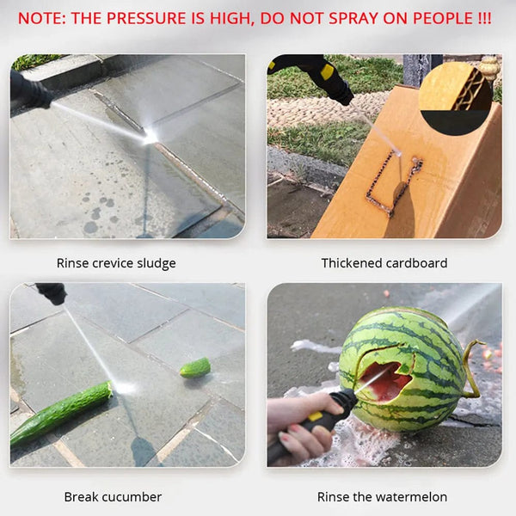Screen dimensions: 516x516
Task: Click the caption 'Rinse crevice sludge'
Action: pyautogui.click(x=116, y=263)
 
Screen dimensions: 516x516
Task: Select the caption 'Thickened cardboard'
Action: pyautogui.click(x=384, y=263)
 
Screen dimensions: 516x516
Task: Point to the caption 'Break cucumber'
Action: pyautogui.click(x=113, y=497)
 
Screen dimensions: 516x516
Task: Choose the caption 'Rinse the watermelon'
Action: pyautogui.click(x=382, y=497)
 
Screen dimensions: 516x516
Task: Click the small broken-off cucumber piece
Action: pyautogui.click(x=195, y=368)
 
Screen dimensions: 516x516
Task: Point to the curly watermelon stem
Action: pyautogui.click(x=471, y=369)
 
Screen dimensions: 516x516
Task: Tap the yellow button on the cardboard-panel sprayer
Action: pyautogui.click(x=327, y=71)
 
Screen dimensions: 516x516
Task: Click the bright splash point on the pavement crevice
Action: pyautogui.click(x=150, y=137)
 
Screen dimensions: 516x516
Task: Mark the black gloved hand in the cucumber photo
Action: pyautogui.click(x=52, y=293)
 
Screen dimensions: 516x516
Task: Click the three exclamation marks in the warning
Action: pyautogui.click(x=483, y=18)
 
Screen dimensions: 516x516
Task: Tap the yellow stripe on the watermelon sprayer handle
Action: pyautogui.click(x=315, y=417)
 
